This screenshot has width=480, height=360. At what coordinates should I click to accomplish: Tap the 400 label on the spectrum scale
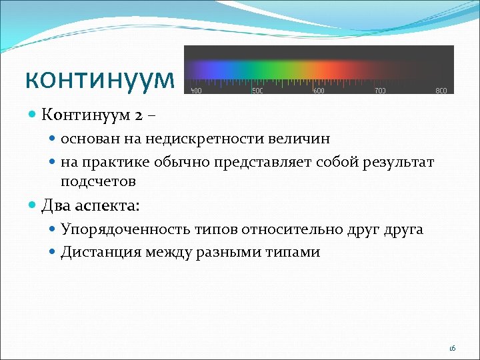[x=196, y=91]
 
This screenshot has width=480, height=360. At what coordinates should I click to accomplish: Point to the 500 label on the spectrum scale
[x=257, y=91]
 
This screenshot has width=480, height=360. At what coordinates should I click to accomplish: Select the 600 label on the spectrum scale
[x=319, y=91]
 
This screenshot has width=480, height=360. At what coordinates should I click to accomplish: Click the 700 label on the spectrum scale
[x=380, y=91]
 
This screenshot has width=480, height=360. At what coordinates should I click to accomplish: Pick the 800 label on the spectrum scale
[x=441, y=91]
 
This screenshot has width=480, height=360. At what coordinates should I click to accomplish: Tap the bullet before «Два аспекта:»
[x=33, y=206]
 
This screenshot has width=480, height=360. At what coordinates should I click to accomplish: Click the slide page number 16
[x=452, y=348]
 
